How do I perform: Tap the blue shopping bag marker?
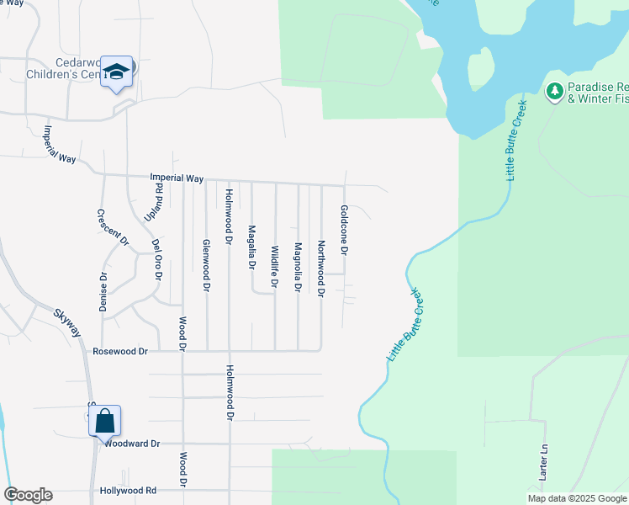105,420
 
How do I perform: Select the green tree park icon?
554,91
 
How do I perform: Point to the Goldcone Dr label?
344,230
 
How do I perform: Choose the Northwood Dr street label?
320,268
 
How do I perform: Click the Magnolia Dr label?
298,267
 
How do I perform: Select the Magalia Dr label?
251,247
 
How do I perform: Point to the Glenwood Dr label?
206,265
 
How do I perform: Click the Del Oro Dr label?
156,260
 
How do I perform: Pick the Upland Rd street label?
152,202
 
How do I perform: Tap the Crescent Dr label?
113,227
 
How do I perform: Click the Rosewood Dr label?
120,351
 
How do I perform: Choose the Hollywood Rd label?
128,490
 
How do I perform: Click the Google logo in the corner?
28,495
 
